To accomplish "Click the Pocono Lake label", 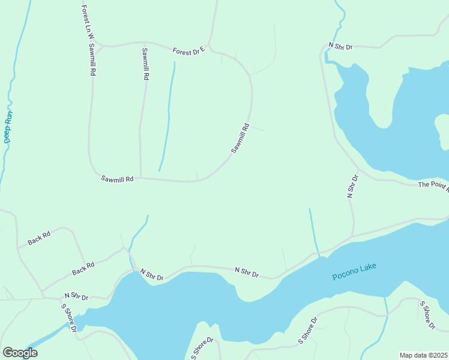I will click(x=354, y=271).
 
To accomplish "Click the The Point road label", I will click(x=433, y=186).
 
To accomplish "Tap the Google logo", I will click(x=20, y=353).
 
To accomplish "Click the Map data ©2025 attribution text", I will click(x=423, y=355).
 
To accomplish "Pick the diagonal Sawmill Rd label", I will click(x=240, y=139).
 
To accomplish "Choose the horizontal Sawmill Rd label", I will click(x=117, y=179).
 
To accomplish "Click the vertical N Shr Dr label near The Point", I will click(x=352, y=187).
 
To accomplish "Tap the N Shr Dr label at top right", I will click(x=340, y=46).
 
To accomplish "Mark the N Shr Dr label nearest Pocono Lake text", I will click(x=246, y=274).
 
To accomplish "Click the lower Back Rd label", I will click(x=83, y=268).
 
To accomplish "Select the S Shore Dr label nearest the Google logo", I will click(x=68, y=317).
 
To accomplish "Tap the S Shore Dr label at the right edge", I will click(x=427, y=315).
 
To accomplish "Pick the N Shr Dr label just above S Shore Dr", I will click(x=76, y=297).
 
